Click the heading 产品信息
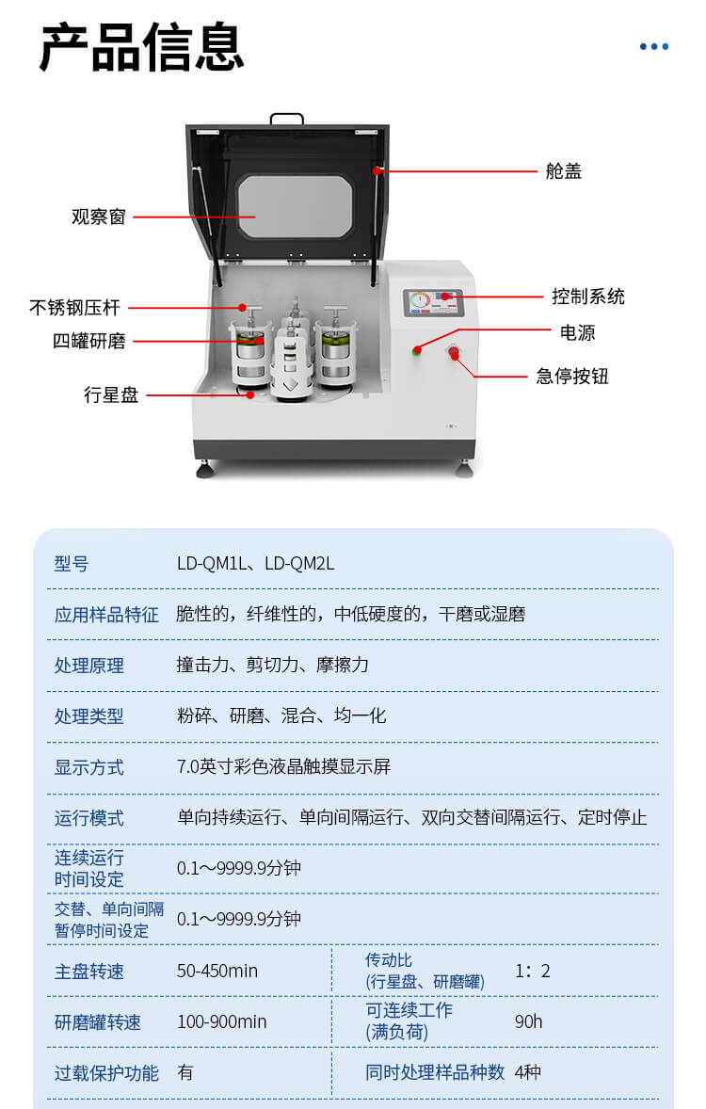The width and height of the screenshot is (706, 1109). [141, 47]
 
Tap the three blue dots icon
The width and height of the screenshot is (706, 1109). [654, 46]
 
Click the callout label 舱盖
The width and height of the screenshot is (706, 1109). [564, 171]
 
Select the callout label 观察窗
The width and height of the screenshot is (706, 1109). [99, 217]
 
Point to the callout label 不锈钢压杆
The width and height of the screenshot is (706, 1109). [74, 308]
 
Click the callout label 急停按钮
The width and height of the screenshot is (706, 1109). [572, 377]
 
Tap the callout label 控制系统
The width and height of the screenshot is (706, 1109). [588, 297]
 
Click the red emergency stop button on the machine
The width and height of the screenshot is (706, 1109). [453, 354]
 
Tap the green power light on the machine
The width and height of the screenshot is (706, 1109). [416, 351]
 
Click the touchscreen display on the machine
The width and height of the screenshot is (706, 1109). [433, 303]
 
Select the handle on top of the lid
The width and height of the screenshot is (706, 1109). [286, 119]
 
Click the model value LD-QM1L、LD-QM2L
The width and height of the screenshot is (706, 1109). [255, 564]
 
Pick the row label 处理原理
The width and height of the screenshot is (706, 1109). [88, 666]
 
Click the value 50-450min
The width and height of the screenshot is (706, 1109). [217, 971]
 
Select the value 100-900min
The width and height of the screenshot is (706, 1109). [221, 1021]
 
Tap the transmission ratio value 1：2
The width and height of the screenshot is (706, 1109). [533, 971]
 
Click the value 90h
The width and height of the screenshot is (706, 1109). [528, 1021]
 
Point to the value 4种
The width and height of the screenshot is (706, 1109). [528, 1072]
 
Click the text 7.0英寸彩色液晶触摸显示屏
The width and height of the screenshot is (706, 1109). [283, 766]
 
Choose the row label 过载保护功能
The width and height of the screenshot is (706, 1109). [106, 1072]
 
